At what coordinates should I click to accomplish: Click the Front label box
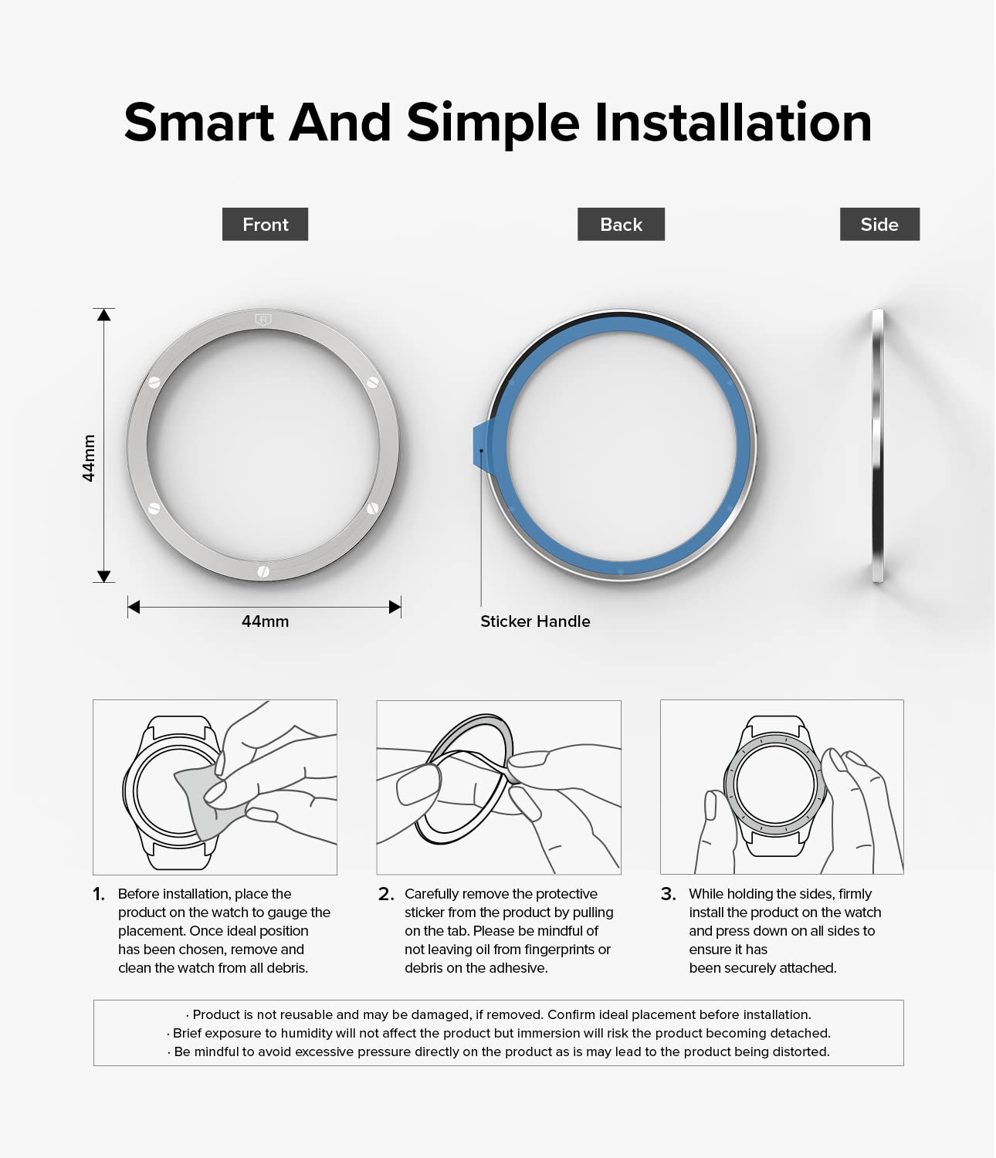coord(265,224)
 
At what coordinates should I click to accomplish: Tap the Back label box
coord(621,224)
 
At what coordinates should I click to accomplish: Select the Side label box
coord(879,224)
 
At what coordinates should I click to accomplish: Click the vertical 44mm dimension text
coord(89,458)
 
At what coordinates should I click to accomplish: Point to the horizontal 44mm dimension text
coord(265,621)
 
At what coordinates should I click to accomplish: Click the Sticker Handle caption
coord(535,621)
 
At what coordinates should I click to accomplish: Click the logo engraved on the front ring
coord(263,320)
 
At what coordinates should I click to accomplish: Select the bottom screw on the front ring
coord(263,572)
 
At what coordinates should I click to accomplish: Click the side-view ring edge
coord(878,445)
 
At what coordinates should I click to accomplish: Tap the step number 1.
coord(99,894)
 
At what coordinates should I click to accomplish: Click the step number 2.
coord(386,894)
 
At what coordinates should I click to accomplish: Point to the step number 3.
coord(669,894)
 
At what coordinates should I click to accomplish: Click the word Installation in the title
coord(733,123)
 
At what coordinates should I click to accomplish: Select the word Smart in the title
coord(199,123)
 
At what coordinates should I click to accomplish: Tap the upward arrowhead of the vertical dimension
coord(103,315)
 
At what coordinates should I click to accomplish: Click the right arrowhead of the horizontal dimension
coord(395,607)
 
